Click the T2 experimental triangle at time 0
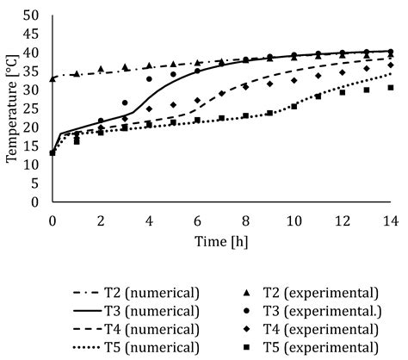(53, 78)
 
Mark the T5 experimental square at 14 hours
(391, 88)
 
